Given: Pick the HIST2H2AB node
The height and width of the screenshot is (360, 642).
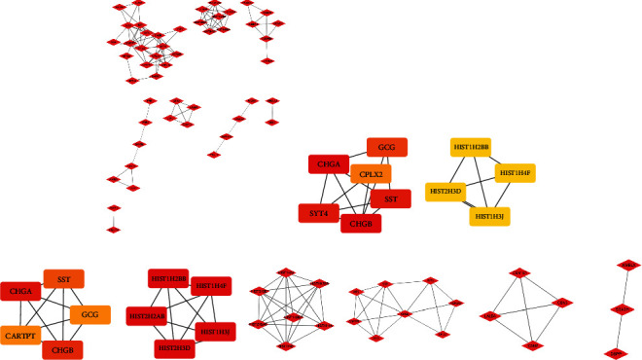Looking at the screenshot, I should point(147,315).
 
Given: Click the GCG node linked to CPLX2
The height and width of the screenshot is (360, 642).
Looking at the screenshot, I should point(385,148).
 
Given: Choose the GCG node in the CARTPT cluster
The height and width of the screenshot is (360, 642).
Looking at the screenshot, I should point(89,315).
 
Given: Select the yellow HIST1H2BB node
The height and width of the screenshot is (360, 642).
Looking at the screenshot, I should point(471,148).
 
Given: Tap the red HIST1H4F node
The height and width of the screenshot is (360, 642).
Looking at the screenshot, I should point(210,286).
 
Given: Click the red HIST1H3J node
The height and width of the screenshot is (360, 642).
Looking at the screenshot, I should point(216,331).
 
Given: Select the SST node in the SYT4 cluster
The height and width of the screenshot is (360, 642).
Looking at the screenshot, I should point(391,199).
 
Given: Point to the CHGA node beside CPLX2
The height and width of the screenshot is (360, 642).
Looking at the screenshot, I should point(329,164).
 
